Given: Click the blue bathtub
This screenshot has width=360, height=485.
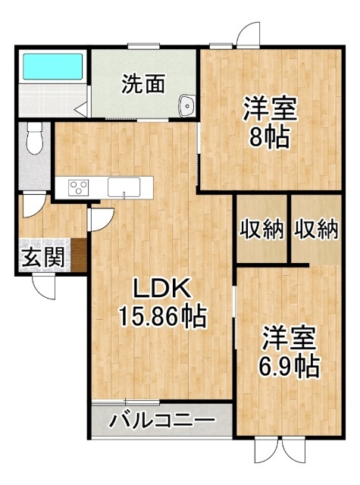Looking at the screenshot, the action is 53,67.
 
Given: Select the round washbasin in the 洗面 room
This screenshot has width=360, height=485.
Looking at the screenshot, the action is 186,105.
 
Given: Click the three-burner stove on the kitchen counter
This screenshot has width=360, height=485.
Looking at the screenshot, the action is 78,187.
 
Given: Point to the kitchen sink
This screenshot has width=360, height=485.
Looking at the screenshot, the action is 124,187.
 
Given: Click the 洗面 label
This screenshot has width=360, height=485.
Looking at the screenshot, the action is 143,84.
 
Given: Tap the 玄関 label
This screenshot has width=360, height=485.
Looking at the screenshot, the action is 44,258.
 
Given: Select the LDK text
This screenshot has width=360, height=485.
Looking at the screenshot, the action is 161,289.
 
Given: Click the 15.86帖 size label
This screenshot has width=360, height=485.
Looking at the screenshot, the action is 162,316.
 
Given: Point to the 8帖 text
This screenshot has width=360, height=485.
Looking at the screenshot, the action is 269,137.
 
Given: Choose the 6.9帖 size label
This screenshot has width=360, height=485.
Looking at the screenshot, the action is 289,367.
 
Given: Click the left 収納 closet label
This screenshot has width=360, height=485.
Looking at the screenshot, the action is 262,230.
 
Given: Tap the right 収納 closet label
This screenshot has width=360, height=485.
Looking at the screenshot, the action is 316,230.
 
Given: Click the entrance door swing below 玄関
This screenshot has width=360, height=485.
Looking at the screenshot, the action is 43,286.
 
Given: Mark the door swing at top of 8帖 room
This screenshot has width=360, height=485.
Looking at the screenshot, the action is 247,34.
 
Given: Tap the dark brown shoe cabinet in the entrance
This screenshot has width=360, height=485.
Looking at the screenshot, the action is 79,255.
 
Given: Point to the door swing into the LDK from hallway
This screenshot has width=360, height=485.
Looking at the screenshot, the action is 101,220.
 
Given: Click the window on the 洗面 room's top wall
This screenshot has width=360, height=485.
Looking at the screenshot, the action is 144,47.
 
